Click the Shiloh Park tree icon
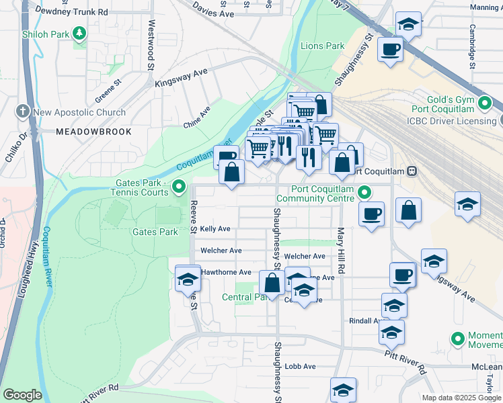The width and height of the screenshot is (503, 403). coord(80,32)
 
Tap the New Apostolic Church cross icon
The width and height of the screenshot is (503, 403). coord(23,112)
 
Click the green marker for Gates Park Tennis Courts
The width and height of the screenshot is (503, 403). coord(179,187)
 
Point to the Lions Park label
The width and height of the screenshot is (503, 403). coord(322,46)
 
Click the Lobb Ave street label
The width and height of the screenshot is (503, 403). coord(300,366)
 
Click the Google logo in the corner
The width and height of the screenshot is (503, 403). coord(22,395)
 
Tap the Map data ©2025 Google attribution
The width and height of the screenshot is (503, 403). coord(461,398)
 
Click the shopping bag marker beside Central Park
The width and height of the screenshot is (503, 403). coord(272,282)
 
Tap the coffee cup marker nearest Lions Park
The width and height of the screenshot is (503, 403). coord(390,49)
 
